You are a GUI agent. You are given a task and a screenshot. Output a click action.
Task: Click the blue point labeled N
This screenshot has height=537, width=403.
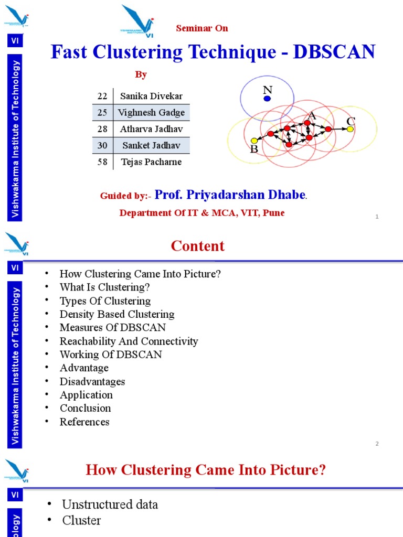click(x=268, y=98)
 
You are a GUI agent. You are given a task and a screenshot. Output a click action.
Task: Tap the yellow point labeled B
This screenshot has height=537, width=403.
click(x=254, y=141)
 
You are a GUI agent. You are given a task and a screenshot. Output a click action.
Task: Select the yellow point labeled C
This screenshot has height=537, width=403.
click(x=350, y=129)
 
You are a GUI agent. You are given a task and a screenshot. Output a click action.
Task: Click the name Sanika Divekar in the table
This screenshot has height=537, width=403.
click(x=151, y=96)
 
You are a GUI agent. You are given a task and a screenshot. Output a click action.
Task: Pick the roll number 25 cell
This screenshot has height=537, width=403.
click(x=102, y=112)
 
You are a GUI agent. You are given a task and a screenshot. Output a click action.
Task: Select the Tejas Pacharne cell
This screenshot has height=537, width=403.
click(x=151, y=162)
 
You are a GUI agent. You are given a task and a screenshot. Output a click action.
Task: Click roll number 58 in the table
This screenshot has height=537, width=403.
click(x=102, y=162)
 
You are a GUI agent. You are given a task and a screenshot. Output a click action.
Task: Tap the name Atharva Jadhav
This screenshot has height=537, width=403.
click(x=151, y=129)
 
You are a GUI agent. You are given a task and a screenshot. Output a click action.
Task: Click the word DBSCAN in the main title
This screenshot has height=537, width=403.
click(x=334, y=52)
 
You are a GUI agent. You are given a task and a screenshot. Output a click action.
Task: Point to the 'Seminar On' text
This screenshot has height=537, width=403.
click(x=202, y=28)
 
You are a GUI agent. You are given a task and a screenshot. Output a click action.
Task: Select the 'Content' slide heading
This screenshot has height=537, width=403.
click(x=198, y=246)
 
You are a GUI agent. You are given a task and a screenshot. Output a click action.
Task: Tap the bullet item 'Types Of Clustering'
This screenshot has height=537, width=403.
click(x=105, y=301)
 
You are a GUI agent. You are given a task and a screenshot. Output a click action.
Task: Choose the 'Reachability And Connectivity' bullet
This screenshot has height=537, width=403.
click(x=129, y=341)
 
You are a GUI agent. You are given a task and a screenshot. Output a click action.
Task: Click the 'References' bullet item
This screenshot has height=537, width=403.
click(x=84, y=422)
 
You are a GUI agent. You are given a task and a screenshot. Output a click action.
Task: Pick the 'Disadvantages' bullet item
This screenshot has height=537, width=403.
click(x=92, y=381)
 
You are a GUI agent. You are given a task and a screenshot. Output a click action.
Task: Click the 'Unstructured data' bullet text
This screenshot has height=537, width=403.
click(x=110, y=504)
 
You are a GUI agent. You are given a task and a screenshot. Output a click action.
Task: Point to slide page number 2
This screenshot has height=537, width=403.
click(x=377, y=444)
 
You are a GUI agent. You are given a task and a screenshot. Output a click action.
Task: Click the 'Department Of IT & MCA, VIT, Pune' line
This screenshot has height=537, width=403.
click(x=202, y=213)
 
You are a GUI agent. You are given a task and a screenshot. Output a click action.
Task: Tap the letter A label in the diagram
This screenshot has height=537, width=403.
click(x=312, y=115)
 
